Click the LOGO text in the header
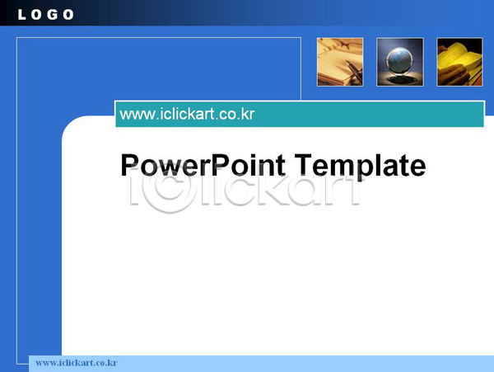[45, 15]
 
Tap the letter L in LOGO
[21, 15]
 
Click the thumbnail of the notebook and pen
[340, 62]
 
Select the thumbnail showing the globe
[400, 62]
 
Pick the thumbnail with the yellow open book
[459, 62]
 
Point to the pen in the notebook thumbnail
[354, 71]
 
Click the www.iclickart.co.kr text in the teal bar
[187, 114]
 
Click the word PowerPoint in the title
[203, 165]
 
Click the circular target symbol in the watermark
[170, 192]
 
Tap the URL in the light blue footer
[77, 363]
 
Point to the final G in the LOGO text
[53, 15]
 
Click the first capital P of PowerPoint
[129, 164]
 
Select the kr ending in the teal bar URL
[248, 114]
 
